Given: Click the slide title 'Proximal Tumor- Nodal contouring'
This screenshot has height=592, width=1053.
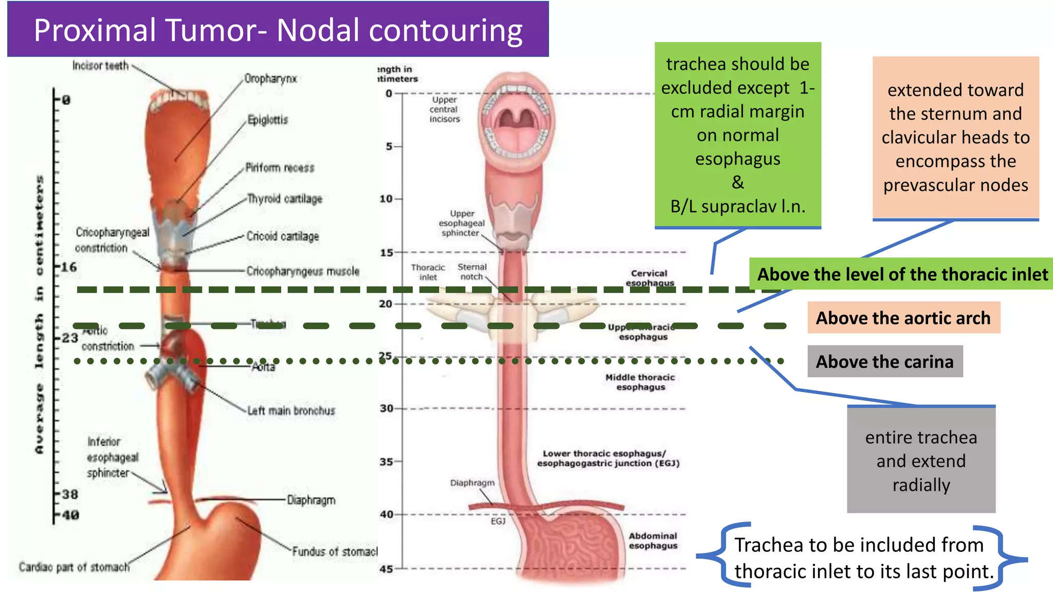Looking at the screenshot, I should click(x=278, y=30).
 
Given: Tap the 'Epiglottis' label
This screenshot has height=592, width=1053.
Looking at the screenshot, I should click(x=268, y=120).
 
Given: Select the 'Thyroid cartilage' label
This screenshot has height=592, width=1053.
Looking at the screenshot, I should click(x=285, y=199).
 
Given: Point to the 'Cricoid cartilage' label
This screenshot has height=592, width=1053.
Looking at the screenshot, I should click(x=283, y=236).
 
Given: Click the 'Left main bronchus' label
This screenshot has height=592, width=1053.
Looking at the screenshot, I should click(x=291, y=411).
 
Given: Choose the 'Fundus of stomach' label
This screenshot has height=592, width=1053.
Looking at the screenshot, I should click(x=335, y=551).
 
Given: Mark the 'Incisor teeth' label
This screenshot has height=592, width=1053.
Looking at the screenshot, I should click(x=100, y=66).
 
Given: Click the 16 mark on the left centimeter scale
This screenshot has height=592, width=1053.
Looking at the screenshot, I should click(x=69, y=267).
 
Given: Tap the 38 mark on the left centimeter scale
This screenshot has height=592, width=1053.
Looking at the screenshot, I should click(x=70, y=494).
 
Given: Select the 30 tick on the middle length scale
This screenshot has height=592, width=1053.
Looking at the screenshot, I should click(x=387, y=409).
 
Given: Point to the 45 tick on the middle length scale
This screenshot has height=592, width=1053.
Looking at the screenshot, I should click(x=387, y=569).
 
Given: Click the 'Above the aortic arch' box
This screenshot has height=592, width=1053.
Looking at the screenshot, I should click(x=903, y=318).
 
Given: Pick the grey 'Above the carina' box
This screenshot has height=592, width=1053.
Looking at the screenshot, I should click(x=885, y=361).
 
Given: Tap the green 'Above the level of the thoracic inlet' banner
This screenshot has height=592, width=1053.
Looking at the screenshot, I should click(x=902, y=274).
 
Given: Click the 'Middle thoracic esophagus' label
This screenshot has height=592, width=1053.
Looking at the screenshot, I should click(x=640, y=382).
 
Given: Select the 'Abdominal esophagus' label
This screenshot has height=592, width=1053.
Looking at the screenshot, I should click(x=653, y=541).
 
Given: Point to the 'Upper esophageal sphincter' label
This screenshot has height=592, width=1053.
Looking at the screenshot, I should click(x=462, y=223).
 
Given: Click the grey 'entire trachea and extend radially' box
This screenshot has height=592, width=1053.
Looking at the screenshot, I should click(x=921, y=460).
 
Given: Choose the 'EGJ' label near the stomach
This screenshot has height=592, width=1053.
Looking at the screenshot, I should click(x=498, y=521).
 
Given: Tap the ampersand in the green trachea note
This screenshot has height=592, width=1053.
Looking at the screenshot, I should click(x=738, y=182).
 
